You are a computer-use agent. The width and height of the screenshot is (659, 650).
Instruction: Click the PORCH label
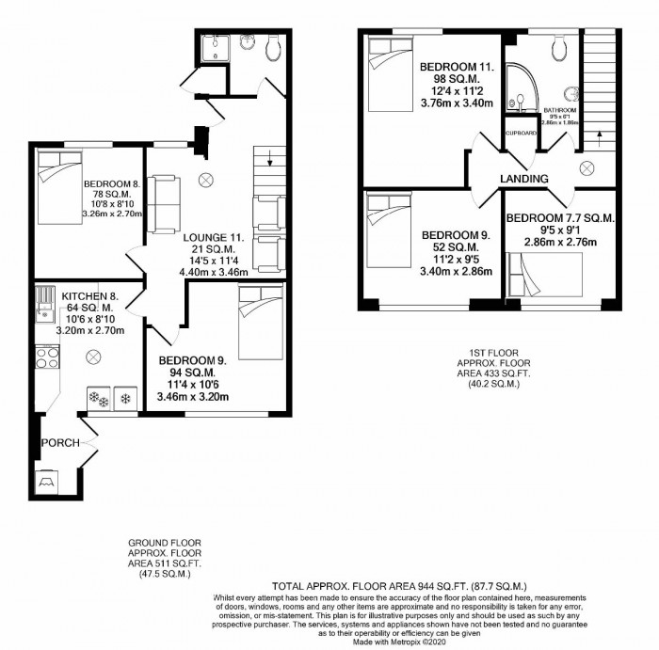[58, 442]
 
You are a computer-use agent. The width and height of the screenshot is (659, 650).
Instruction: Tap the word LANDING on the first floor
[525, 179]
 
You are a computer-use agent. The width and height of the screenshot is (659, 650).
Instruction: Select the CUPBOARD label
[522, 134]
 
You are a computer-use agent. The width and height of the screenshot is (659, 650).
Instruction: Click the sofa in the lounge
[165, 203]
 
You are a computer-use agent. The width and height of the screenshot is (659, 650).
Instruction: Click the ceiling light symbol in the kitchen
[93, 357]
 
